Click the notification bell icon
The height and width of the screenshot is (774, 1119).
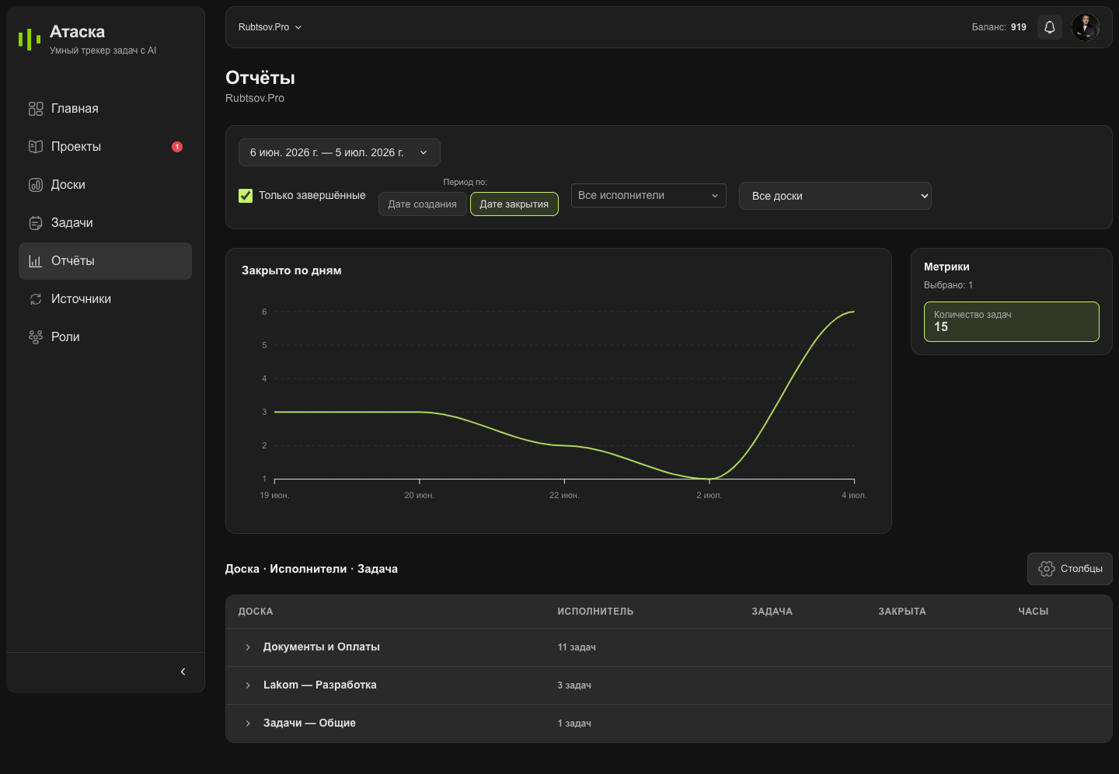1049,27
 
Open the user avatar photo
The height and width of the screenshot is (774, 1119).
1085,27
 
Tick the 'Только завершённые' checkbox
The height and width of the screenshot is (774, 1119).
246,195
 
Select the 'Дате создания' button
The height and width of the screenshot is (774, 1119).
422,204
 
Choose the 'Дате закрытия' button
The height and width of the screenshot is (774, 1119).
514,204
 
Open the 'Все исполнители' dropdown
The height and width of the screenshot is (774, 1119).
648,195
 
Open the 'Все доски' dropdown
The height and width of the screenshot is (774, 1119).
835,196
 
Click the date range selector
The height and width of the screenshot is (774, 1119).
339,152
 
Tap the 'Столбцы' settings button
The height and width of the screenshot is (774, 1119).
1070,569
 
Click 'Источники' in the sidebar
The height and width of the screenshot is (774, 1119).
81,299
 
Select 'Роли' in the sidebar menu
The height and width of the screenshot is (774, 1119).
65,336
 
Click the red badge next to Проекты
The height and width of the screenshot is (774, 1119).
177,147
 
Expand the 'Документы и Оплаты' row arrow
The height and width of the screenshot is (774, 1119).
248,647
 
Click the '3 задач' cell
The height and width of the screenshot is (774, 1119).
574,685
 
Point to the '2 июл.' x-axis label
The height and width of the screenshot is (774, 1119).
709,495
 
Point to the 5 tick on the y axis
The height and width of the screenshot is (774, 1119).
264,345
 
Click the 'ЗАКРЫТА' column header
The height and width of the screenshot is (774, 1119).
902,611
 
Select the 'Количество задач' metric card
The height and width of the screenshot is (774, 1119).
1012,322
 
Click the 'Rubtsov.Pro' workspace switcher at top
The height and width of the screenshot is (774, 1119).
270,27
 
